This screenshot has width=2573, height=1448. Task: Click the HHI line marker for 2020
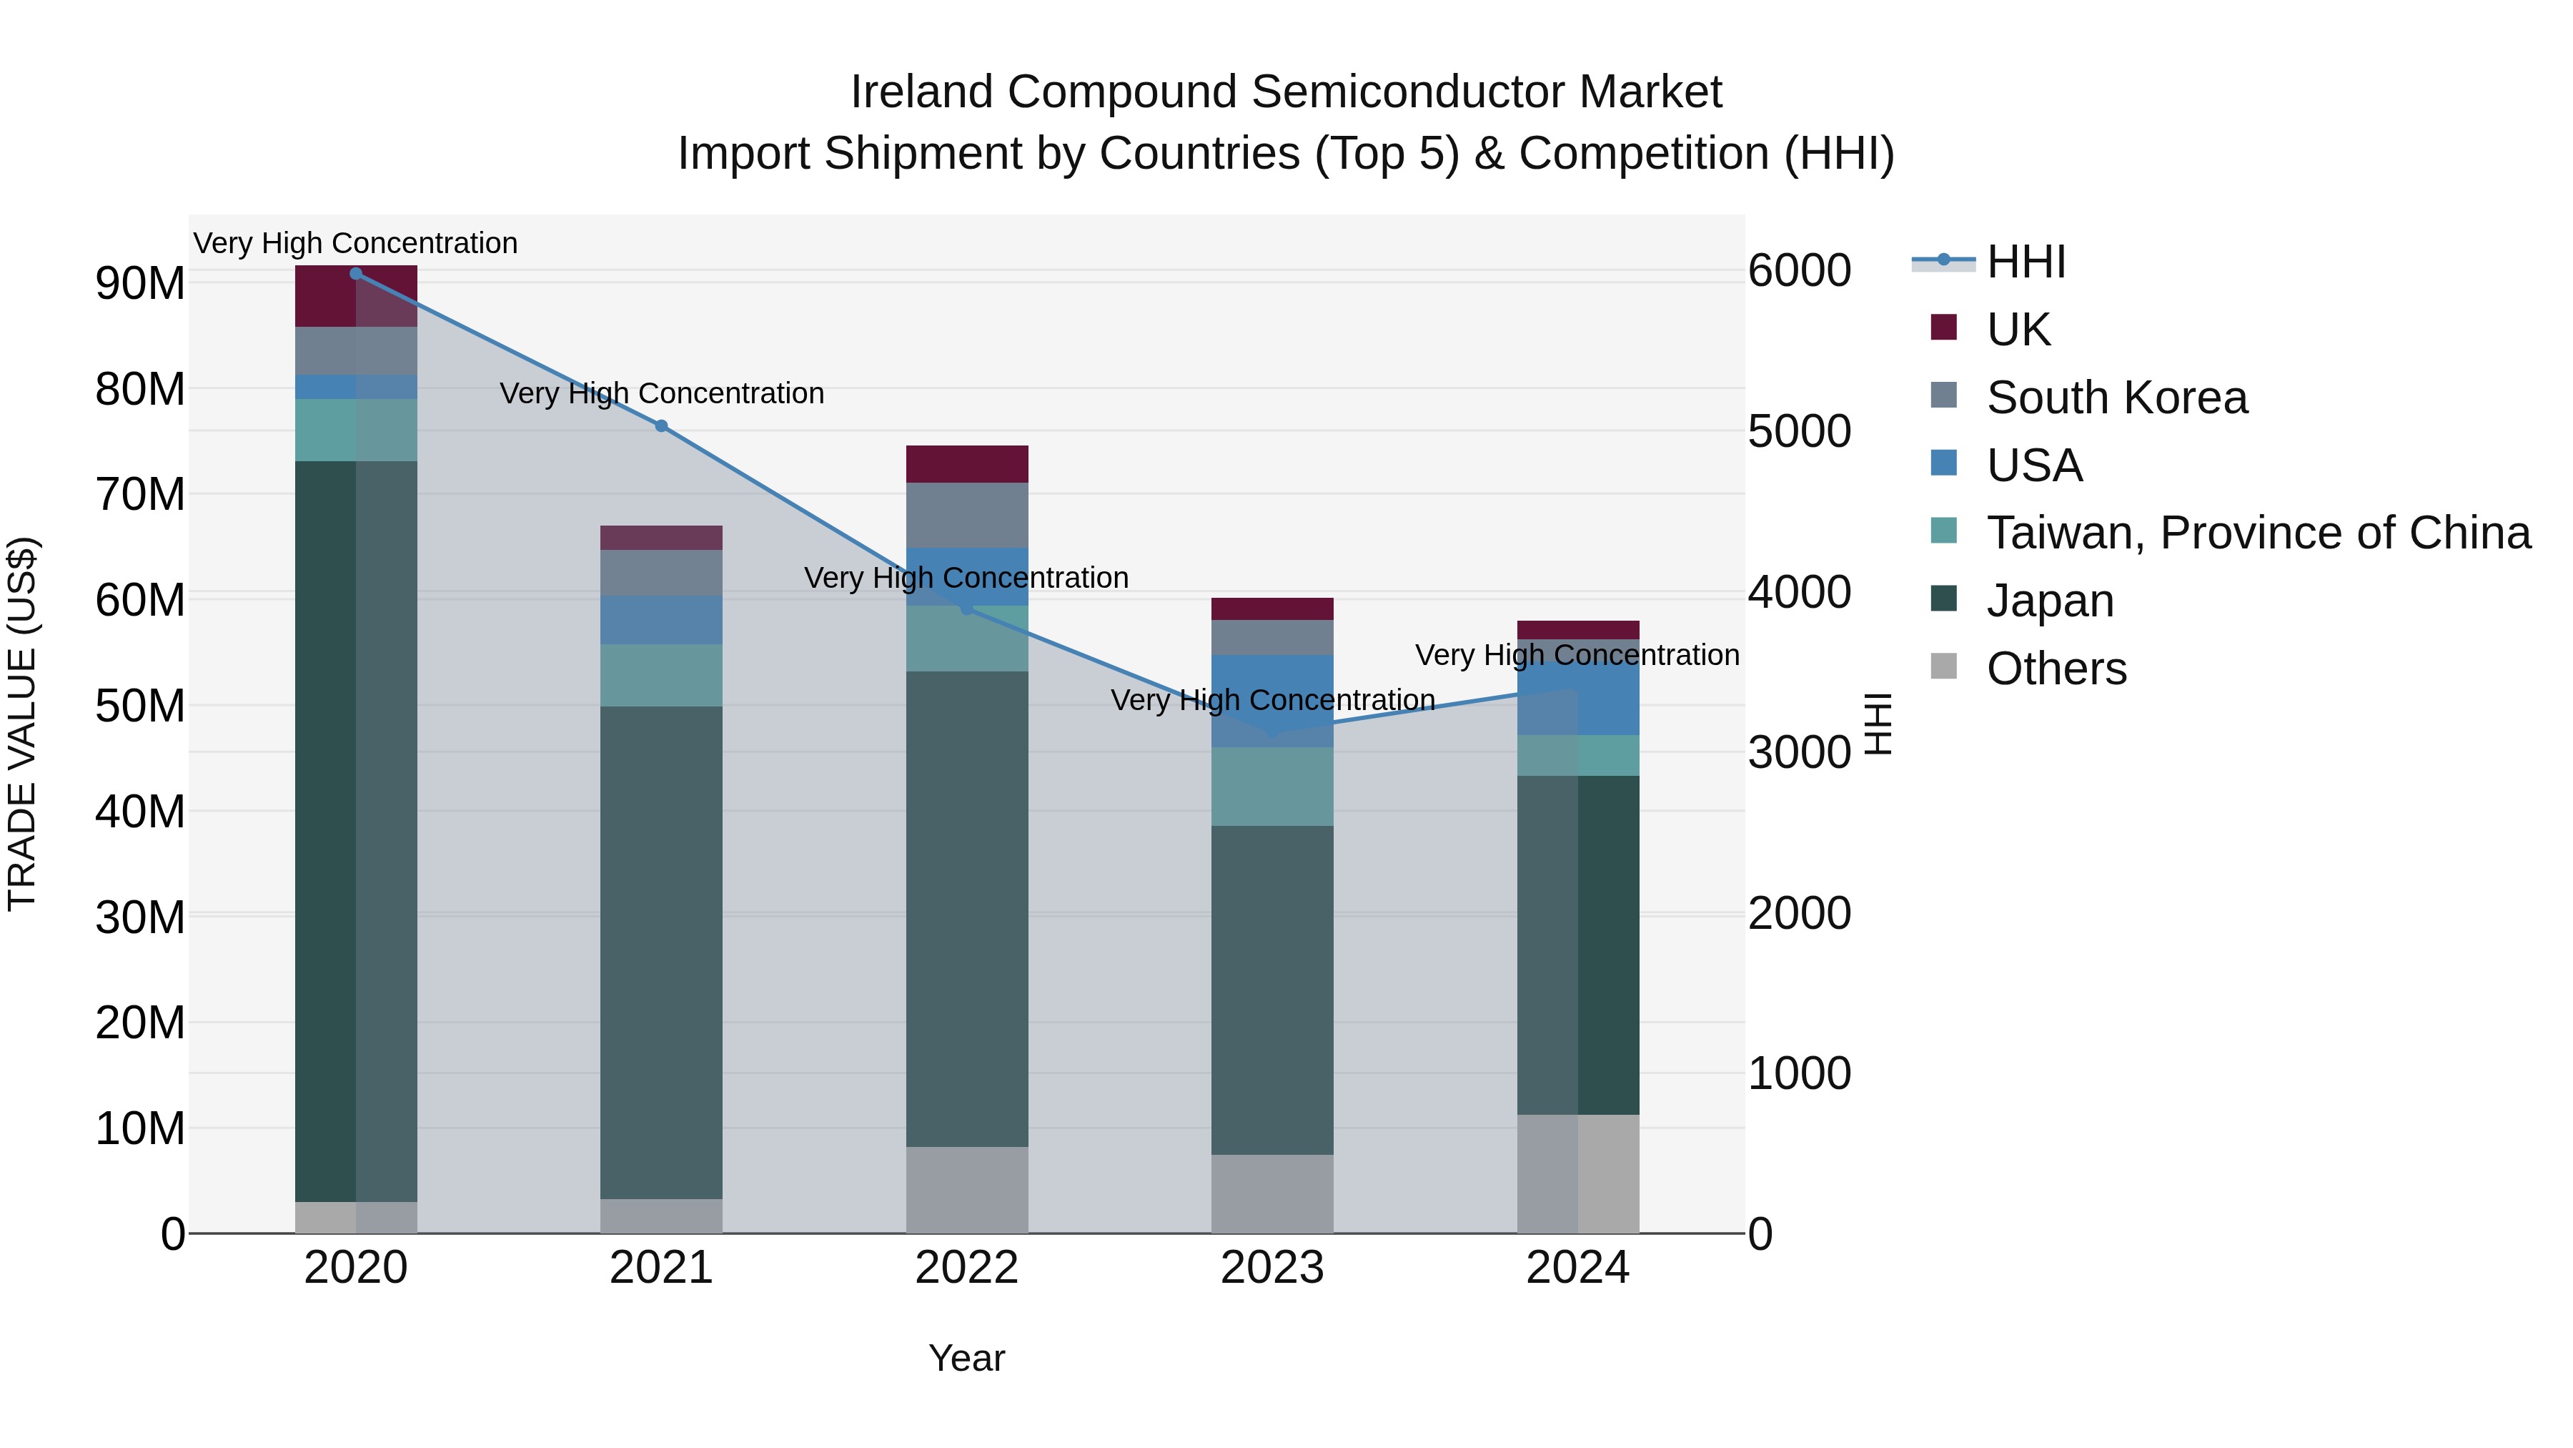pyautogui.click(x=356, y=273)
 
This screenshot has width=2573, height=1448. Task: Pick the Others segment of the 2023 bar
pyautogui.click(x=1271, y=1193)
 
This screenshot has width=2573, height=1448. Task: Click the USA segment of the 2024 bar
pyautogui.click(x=1578, y=697)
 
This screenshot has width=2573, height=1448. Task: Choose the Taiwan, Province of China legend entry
pyautogui.click(x=2257, y=533)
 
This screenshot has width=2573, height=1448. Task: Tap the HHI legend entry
pyautogui.click(x=2025, y=262)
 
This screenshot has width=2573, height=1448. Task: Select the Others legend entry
pyautogui.click(x=2056, y=669)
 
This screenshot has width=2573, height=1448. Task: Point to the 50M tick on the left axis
pyautogui.click(x=140, y=706)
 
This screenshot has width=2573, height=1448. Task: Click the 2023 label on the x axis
pyautogui.click(x=1271, y=1268)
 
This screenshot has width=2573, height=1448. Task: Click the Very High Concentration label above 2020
pyautogui.click(x=356, y=243)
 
